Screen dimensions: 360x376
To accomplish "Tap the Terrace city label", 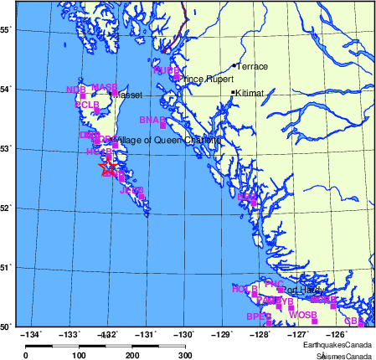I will (251, 66).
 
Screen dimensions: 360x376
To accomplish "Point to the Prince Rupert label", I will (203, 80).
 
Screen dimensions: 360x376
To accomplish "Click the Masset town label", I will (127, 95).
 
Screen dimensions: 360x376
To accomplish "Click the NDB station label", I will (75, 89).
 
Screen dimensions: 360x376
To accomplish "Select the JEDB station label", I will (132, 191).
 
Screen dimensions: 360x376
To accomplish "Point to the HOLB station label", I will (244, 289).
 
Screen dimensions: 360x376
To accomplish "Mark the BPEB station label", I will (259, 316).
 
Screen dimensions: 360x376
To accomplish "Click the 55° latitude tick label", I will (5, 29).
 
